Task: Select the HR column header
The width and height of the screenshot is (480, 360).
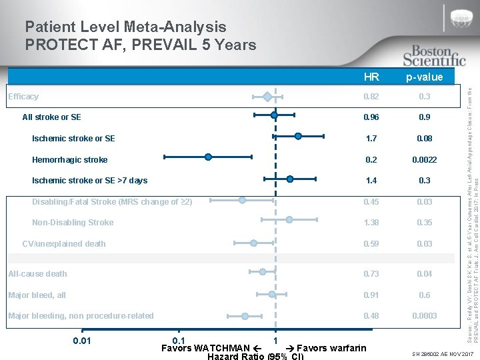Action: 371,77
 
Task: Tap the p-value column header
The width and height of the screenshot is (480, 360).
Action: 424,77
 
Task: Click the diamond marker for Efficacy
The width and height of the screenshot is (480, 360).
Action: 267,97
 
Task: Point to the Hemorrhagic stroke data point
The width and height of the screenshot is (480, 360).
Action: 209,157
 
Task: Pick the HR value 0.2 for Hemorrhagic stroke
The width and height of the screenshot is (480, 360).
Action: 371,159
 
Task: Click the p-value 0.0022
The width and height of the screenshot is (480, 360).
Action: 424,159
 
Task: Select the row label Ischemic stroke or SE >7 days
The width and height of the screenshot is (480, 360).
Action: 89,181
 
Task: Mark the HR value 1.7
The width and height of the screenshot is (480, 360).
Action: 371,139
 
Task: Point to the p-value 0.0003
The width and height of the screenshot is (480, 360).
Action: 424,316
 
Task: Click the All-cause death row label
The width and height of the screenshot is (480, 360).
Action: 37,274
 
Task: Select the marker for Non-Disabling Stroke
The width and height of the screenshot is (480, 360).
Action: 289,219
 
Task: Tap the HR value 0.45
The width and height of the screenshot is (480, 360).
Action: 371,202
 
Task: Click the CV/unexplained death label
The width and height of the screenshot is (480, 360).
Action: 64,244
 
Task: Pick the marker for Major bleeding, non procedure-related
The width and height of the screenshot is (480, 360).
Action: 245,316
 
